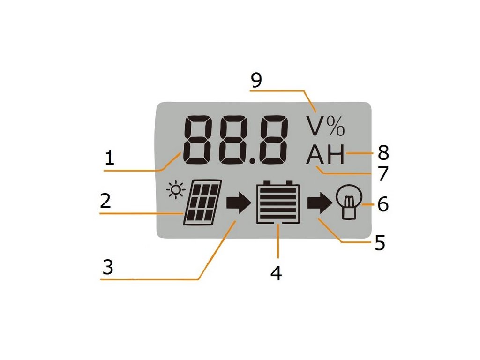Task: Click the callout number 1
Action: pos(109,158)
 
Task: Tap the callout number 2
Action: pos(105,201)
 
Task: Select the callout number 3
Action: pos(108,267)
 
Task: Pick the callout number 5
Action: pos(380,243)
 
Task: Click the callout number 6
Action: pos(383,205)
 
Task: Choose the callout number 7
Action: pos(383,174)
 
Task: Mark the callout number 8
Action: pos(383,153)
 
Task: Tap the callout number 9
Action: pos(256,80)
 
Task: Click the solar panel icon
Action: pos(202,202)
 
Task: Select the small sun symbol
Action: pos(176,190)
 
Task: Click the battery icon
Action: pos(278,202)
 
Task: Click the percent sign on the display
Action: pos(336,125)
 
